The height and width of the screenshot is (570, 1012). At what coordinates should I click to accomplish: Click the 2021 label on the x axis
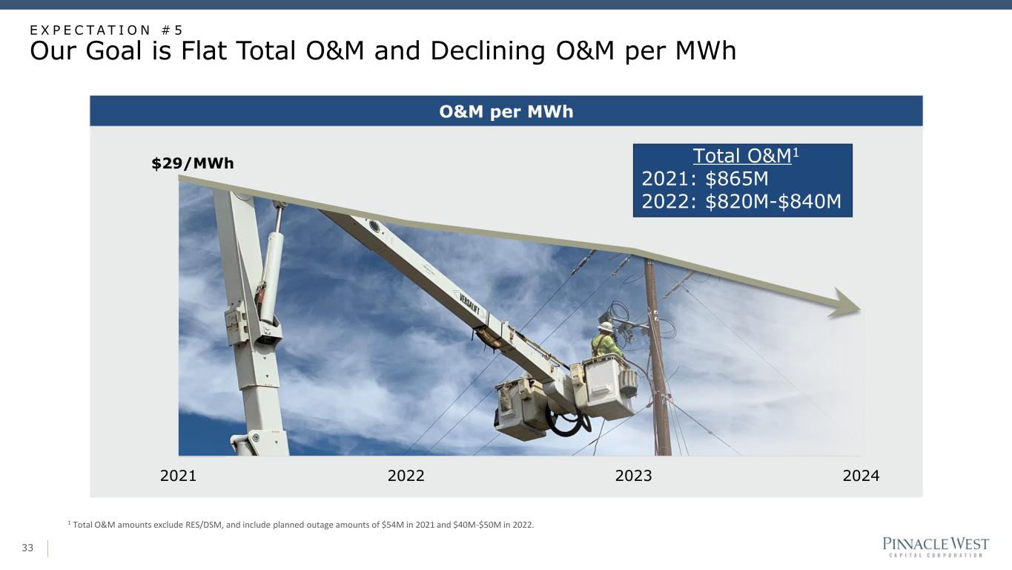click(x=178, y=476)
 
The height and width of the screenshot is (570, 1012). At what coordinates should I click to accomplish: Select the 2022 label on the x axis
click(x=406, y=476)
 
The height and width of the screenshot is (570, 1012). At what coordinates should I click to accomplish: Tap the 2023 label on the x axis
click(x=633, y=476)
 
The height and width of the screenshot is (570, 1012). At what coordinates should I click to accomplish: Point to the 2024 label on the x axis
click(x=861, y=476)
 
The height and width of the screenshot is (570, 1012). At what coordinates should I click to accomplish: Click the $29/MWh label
click(x=193, y=163)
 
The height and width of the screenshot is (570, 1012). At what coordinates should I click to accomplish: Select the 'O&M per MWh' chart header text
click(x=506, y=111)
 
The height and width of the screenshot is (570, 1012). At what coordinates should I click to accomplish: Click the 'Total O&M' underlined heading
click(x=742, y=156)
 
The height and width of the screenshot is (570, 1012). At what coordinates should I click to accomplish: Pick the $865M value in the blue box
click(x=736, y=179)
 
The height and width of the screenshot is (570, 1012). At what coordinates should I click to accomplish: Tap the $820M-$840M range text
click(x=773, y=201)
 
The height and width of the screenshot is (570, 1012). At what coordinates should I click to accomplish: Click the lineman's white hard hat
click(x=606, y=327)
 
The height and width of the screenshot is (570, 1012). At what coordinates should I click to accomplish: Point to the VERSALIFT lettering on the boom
click(x=469, y=304)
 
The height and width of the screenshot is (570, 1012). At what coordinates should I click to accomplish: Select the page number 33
click(x=27, y=548)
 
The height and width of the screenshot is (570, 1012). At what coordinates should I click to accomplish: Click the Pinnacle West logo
click(x=936, y=546)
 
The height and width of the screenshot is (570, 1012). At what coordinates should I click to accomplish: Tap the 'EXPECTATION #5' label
click(x=106, y=30)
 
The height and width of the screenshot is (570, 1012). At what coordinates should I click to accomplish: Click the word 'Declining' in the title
click(x=488, y=50)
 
